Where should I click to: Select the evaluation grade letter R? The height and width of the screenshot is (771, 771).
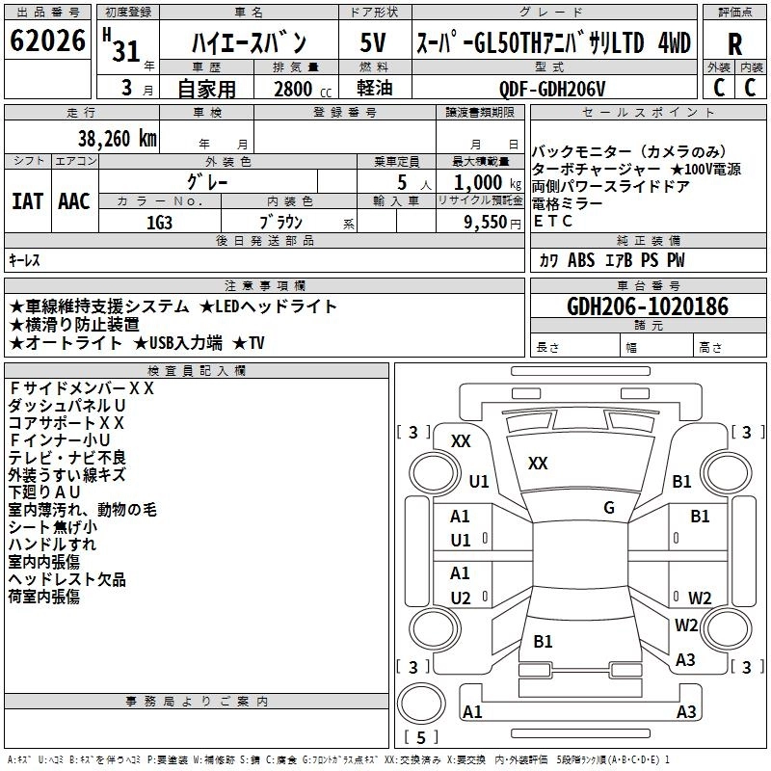click(734, 44)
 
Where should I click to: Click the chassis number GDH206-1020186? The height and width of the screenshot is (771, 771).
click(648, 306)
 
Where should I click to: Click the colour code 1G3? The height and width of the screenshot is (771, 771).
click(160, 221)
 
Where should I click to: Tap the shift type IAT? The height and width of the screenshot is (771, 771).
click(27, 200)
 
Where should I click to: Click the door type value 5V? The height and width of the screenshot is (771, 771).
click(373, 43)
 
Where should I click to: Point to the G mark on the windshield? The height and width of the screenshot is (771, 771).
click(609, 507)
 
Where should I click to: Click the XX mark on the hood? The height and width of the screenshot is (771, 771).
click(538, 464)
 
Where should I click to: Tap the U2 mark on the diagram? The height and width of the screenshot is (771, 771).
click(461, 598)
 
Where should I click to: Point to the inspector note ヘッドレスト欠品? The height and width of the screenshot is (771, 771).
click(66, 579)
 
